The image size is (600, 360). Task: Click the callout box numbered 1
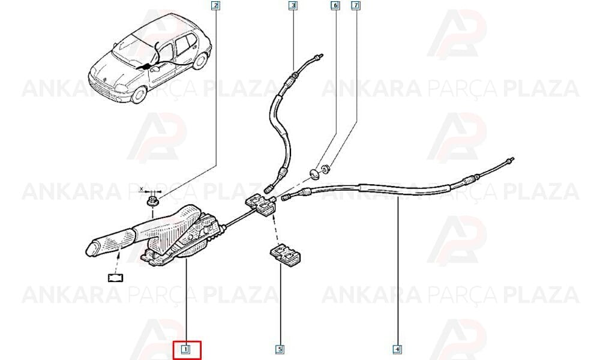pyautogui.click(x=186, y=349)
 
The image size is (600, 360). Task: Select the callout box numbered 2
pyautogui.click(x=215, y=5)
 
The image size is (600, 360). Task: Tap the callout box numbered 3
pyautogui.click(x=293, y=5)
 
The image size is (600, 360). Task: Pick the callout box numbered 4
pyautogui.click(x=397, y=349)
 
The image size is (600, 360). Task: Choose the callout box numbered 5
pyautogui.click(x=280, y=349)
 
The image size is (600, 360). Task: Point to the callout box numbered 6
pyautogui.click(x=335, y=5)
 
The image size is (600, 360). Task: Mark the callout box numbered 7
pyautogui.click(x=356, y=5)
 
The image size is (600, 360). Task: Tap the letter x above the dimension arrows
pyautogui.click(x=141, y=189)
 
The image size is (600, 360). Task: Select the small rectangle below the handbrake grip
pyautogui.click(x=115, y=277)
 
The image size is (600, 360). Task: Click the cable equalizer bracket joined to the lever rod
pyautogui.click(x=260, y=205)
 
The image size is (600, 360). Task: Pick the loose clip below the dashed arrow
pyautogui.click(x=285, y=255)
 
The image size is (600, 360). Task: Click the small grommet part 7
pyautogui.click(x=326, y=169)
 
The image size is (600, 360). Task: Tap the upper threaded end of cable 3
pyautogui.click(x=317, y=57)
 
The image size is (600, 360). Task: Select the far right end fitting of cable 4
pyautogui.click(x=509, y=160)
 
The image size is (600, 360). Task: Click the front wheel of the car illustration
pyautogui.click(x=139, y=94)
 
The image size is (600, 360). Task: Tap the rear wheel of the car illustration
pyautogui.click(x=200, y=61)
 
